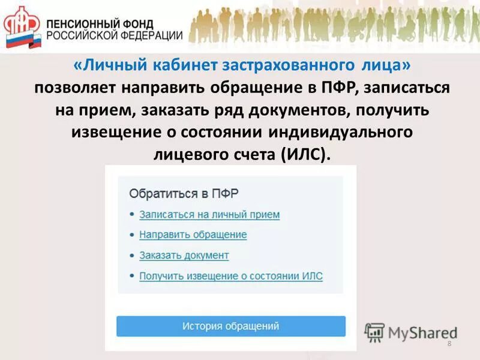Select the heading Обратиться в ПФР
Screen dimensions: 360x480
click(184, 194)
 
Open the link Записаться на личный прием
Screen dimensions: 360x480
click(209, 214)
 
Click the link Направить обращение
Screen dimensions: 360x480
click(193, 235)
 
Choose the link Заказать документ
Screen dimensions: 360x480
click(184, 255)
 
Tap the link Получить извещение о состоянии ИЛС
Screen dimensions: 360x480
click(230, 276)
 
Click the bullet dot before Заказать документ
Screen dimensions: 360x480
click(131, 256)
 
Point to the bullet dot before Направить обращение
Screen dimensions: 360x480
click(131, 235)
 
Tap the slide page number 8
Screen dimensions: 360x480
click(449, 343)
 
